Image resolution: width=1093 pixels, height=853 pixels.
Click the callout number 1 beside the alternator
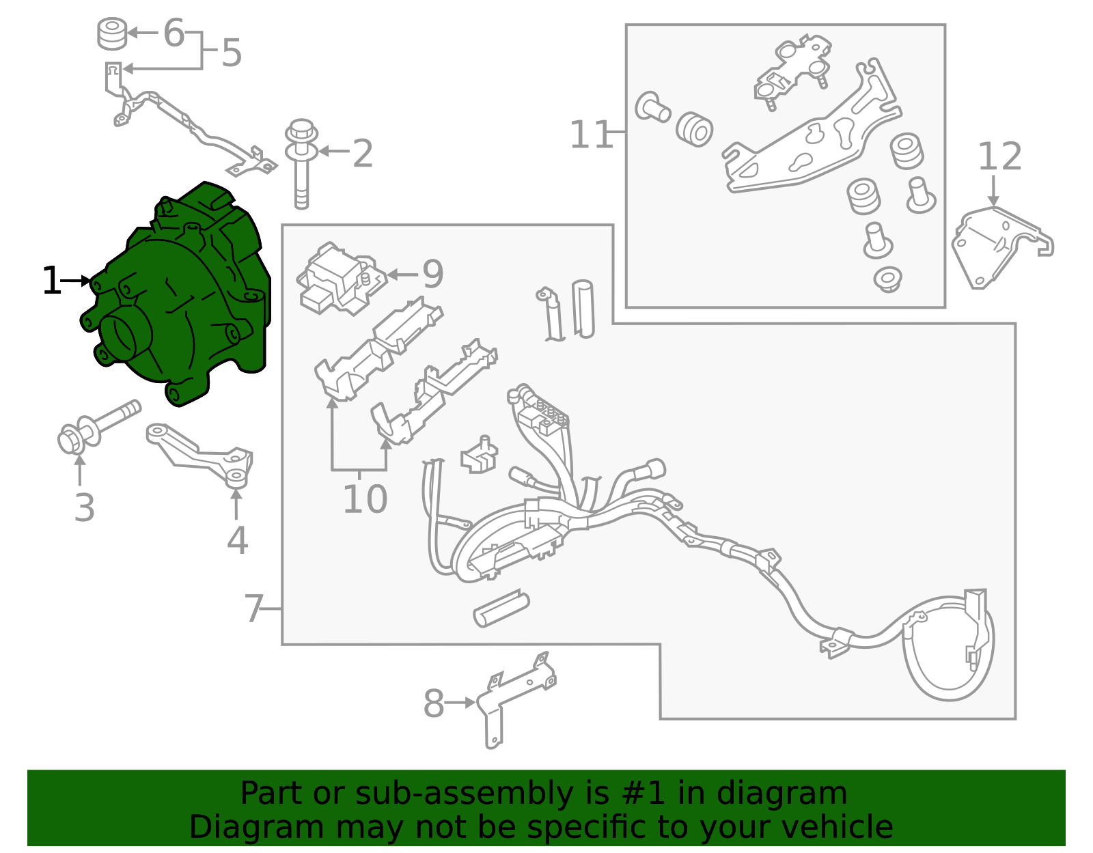[x=51, y=281]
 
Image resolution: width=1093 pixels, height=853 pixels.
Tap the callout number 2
[x=363, y=153]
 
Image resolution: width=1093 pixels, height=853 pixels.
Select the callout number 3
[x=85, y=507]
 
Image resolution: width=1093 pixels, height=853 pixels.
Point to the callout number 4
[x=238, y=541]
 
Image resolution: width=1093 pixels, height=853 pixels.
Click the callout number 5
[x=232, y=53]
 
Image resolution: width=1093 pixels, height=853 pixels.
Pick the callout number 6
[x=174, y=33]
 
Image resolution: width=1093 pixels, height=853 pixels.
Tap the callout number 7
[x=253, y=609]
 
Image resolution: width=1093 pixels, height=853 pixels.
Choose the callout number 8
[x=434, y=703]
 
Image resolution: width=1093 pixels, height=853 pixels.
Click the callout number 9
[x=433, y=274]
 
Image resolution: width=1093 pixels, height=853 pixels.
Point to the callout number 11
[x=591, y=135]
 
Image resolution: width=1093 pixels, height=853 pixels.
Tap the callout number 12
[x=1000, y=156]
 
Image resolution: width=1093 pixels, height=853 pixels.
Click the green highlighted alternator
[x=176, y=296]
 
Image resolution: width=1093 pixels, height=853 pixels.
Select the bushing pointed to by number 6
[x=112, y=33]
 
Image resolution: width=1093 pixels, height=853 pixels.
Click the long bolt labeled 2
[x=301, y=163]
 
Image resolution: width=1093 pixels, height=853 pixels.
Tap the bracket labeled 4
[x=202, y=456]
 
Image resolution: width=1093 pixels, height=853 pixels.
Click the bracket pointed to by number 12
[x=1001, y=247]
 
